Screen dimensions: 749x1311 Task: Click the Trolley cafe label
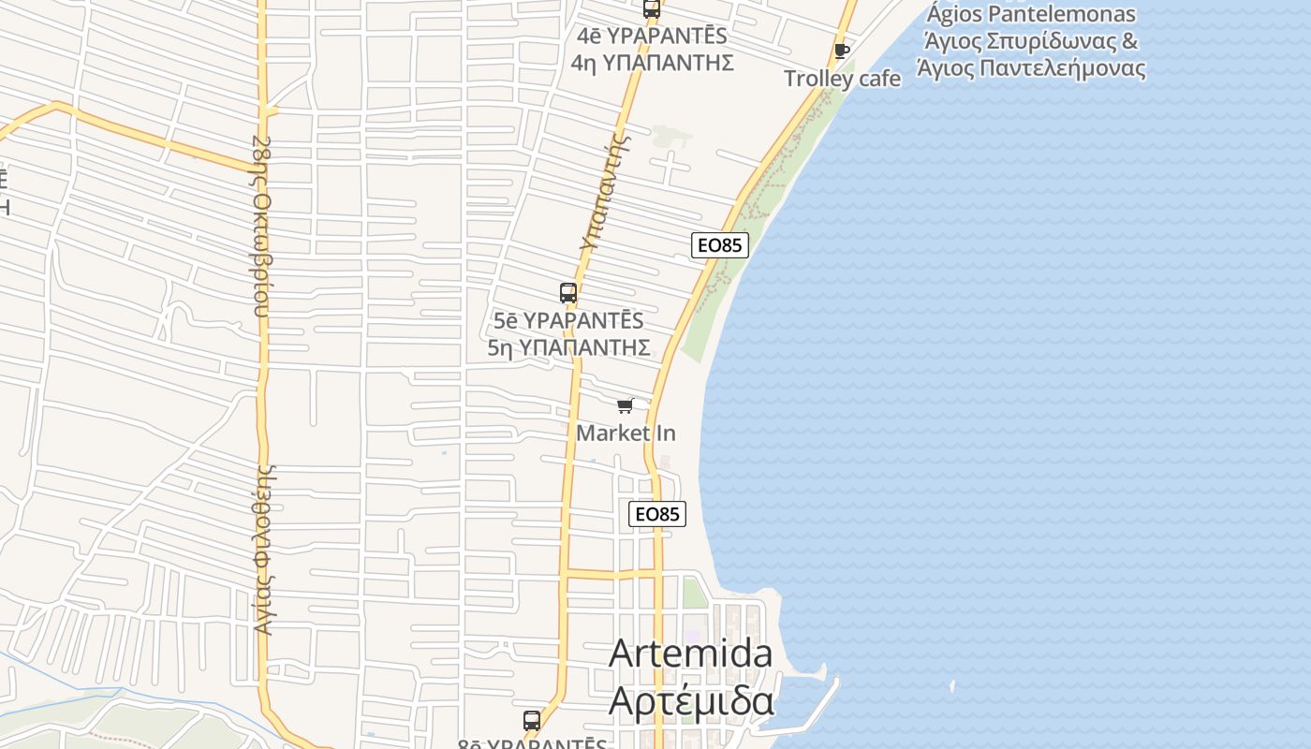[x=842, y=79]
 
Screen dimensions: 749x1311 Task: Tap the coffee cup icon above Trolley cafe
[x=842, y=51]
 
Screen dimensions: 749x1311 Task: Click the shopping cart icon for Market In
[x=626, y=405]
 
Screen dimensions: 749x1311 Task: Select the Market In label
[x=626, y=433]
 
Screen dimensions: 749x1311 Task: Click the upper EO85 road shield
[x=720, y=245]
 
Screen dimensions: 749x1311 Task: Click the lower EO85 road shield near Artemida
[x=657, y=514]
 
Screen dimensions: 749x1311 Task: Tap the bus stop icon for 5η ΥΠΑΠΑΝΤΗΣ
[x=568, y=293]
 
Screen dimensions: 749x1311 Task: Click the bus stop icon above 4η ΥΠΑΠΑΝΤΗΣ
[x=652, y=9]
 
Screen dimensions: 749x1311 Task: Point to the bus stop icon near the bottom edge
[x=532, y=721]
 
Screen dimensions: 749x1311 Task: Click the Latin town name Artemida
[x=691, y=654]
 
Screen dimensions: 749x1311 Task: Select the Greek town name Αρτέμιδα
[x=691, y=700]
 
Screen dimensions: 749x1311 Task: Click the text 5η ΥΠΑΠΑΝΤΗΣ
[x=569, y=347]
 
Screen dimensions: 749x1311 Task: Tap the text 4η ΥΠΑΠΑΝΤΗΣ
[x=652, y=63]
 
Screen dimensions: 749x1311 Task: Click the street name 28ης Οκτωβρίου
[x=261, y=227]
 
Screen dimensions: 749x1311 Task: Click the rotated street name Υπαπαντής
[x=603, y=191]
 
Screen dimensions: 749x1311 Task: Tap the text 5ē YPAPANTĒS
[x=568, y=320]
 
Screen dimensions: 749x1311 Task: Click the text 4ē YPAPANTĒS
[x=652, y=37]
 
